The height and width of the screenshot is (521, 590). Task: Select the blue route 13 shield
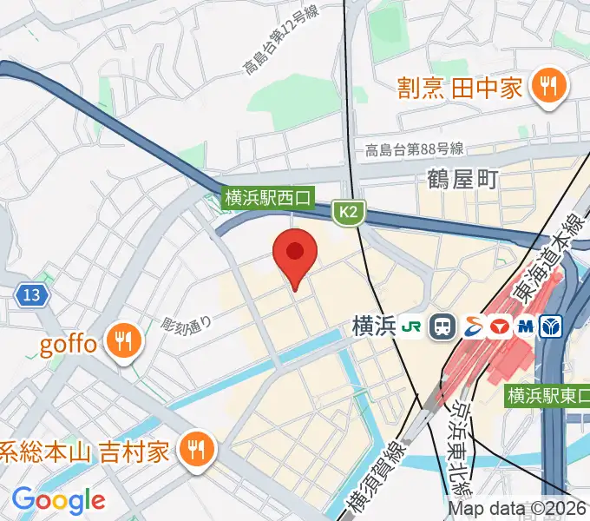[x=31, y=295]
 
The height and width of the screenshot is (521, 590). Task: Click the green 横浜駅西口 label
[x=267, y=198]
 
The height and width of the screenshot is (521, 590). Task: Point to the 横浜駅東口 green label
[x=547, y=395]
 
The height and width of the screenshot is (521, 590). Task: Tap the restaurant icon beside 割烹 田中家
[x=548, y=87]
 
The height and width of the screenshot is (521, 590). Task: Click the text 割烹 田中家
[x=460, y=88]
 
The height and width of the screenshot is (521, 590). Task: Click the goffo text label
[x=69, y=343]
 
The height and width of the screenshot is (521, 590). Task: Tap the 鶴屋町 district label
[x=462, y=179]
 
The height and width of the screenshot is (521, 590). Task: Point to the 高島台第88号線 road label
[x=414, y=148]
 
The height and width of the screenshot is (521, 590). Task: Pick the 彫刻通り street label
[x=187, y=326]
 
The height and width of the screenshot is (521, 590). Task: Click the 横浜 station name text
[x=375, y=326]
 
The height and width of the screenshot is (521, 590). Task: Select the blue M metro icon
[x=525, y=326]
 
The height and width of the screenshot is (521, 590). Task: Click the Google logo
[x=58, y=499]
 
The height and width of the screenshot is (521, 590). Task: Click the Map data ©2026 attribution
[x=517, y=509]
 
